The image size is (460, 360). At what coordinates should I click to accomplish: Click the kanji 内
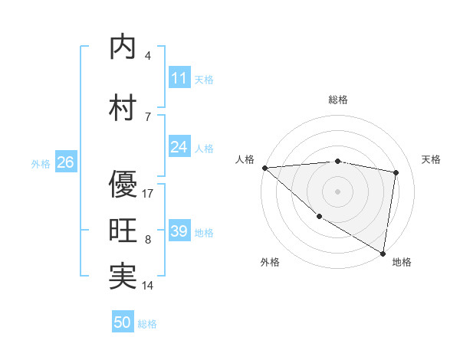123,47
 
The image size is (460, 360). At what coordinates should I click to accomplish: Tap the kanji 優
123,184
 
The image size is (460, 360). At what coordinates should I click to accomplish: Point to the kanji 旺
123,231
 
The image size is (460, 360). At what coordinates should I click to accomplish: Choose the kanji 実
123,277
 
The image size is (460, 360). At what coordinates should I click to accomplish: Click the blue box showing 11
179,78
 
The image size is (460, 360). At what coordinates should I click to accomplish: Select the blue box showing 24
179,147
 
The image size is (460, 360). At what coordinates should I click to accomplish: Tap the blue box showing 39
179,231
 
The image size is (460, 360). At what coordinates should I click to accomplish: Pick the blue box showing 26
65,162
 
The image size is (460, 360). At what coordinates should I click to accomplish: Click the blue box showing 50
123,322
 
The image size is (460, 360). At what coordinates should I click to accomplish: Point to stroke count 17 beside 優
149,193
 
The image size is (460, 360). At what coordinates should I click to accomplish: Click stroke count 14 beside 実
149,286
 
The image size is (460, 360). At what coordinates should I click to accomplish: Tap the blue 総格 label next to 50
147,324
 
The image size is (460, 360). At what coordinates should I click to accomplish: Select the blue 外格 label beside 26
41,163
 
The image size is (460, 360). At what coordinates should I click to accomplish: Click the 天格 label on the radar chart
432,159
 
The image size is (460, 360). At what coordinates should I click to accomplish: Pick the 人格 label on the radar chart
245,159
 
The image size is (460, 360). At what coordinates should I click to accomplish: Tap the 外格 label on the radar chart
270,262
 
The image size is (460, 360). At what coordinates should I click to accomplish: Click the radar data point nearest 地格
383,253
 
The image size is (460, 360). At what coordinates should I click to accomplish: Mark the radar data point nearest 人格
264,168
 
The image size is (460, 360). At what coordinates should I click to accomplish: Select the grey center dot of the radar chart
337,191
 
